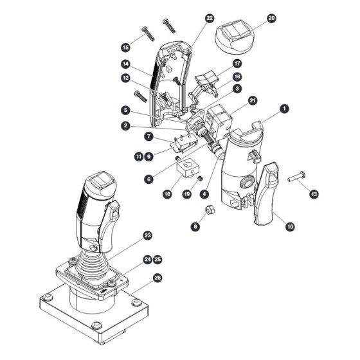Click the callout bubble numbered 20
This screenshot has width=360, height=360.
pos(271,18)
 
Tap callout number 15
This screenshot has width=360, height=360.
pos(125,48)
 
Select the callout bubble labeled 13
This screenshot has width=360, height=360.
pos(314,194)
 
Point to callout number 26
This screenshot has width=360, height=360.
pos(157,278)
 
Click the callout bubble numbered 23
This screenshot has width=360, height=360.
pos(148,235)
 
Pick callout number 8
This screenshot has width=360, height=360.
pos(195,227)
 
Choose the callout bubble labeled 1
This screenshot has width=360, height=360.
pos(284,109)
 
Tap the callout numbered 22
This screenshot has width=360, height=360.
pos(210,18)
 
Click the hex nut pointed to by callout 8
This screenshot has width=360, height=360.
pos(210,210)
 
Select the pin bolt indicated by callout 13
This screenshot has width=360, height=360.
pos(296,176)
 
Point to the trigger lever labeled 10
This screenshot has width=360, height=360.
pos(266,194)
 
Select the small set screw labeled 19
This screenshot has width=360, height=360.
pos(201,178)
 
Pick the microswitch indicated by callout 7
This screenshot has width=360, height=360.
pos(184,143)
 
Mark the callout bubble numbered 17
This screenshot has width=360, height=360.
pos(237,64)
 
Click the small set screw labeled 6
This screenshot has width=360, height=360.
pos(177,158)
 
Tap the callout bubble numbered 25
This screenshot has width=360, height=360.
pos(157,260)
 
